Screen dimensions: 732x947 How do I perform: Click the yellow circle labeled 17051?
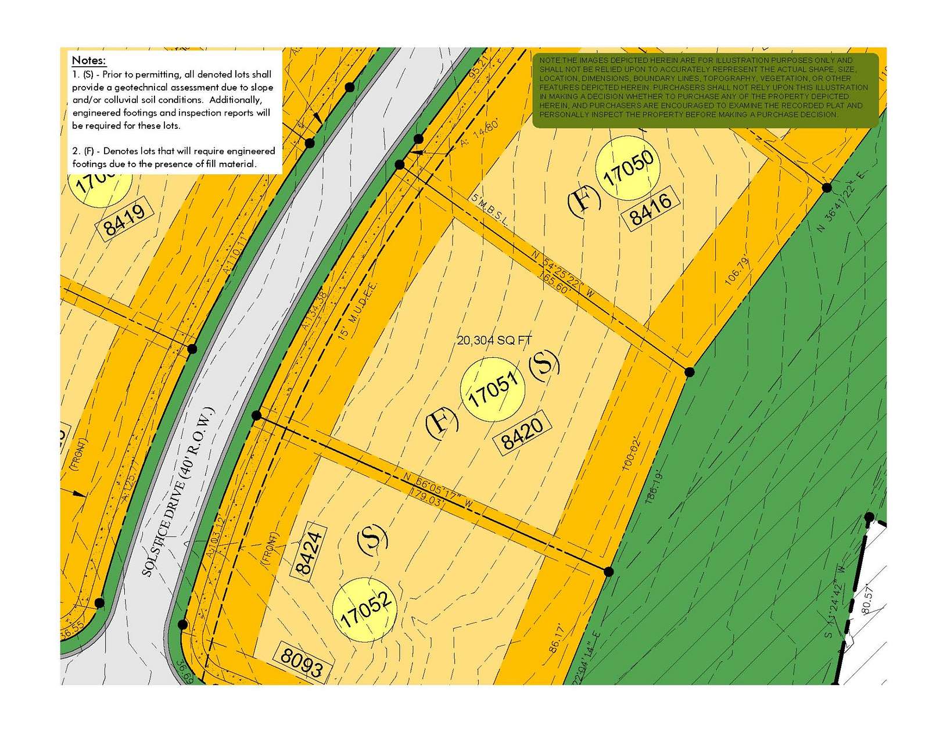click(x=492, y=389)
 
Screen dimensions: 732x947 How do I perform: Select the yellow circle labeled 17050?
click(x=628, y=168)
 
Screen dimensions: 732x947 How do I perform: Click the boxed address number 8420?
click(x=522, y=433)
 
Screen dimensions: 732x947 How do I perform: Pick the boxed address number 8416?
click(x=651, y=208)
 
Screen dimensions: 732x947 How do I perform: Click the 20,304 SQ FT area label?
click(x=494, y=340)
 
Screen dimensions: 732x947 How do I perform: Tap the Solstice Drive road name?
click(x=180, y=491)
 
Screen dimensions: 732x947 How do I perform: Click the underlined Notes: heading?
click(x=88, y=60)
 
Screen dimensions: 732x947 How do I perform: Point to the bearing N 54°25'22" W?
click(x=563, y=274)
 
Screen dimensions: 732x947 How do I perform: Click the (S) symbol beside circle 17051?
click(x=544, y=365)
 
